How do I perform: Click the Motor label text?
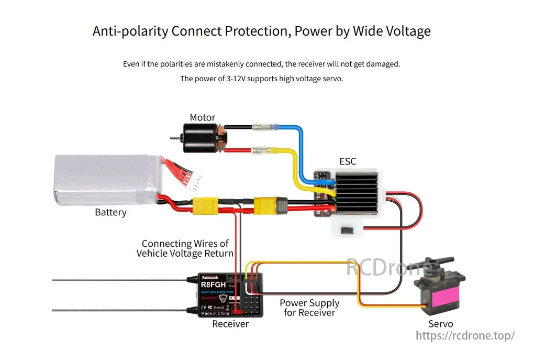click(x=202, y=117)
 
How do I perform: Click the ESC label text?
click(x=348, y=161)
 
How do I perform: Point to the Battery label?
click(x=110, y=212)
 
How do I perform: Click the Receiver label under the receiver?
click(x=230, y=324)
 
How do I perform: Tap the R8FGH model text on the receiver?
click(x=213, y=285)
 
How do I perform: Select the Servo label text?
click(x=441, y=324)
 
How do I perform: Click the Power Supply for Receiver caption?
click(x=309, y=308)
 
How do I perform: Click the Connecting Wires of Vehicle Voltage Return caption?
click(x=185, y=248)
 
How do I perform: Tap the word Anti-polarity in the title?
click(x=130, y=31)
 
